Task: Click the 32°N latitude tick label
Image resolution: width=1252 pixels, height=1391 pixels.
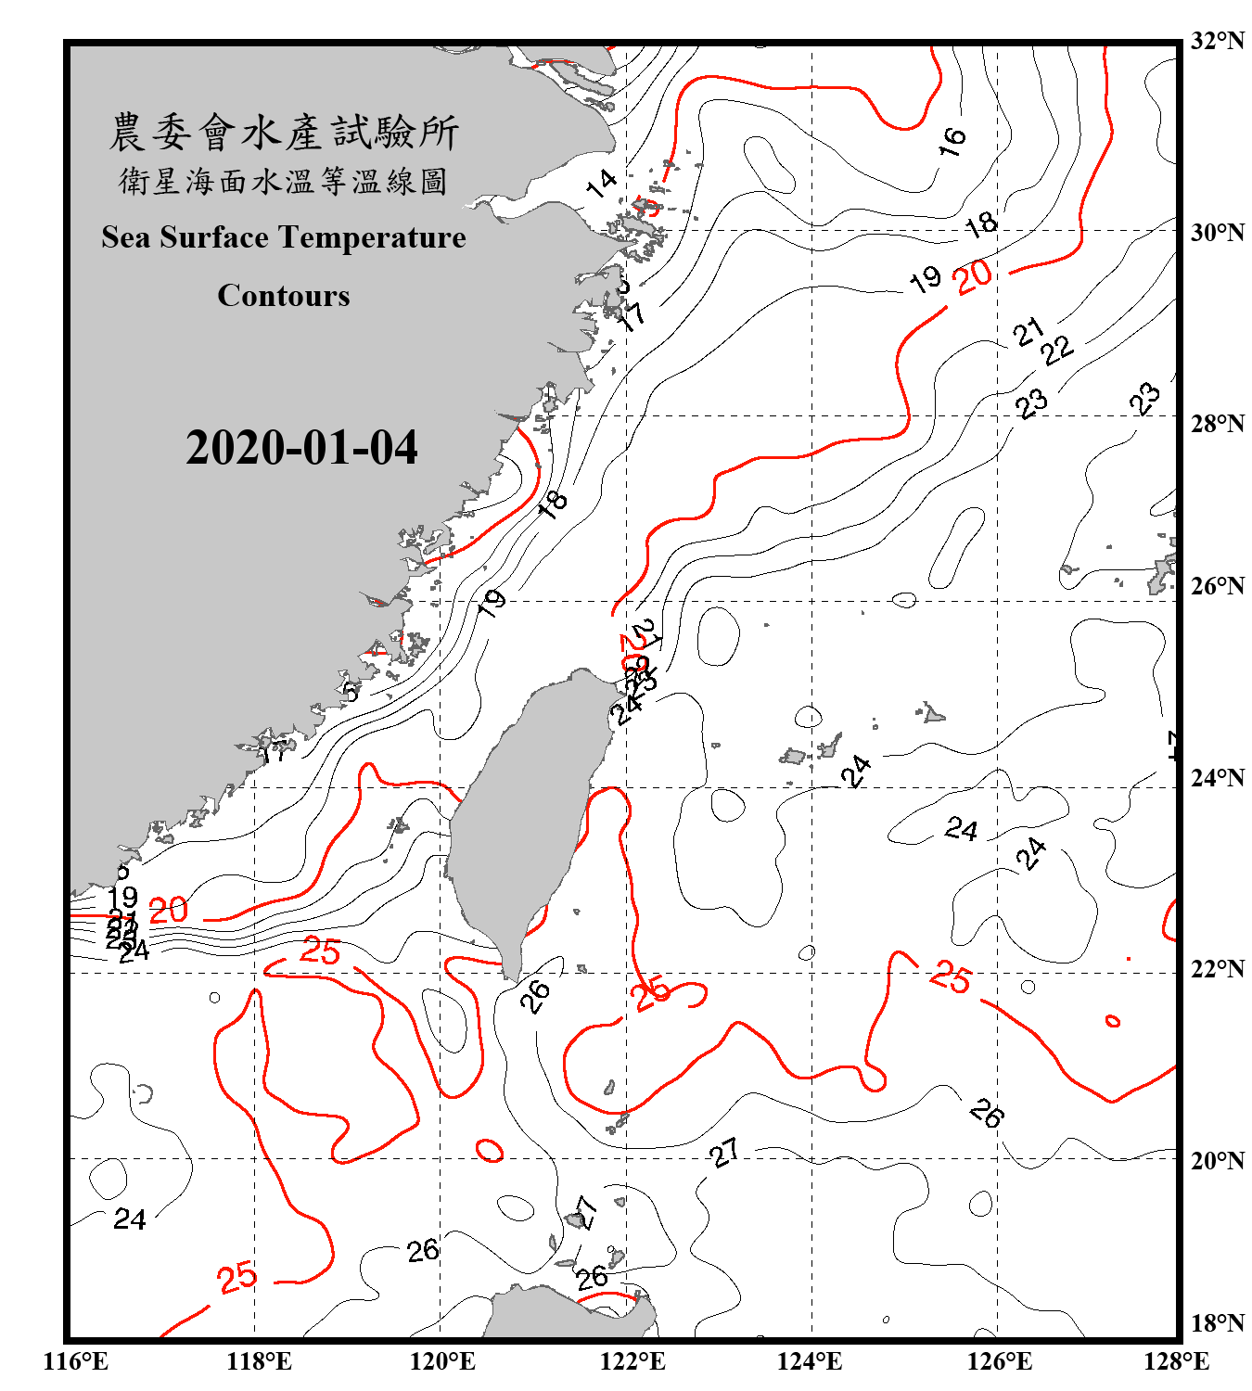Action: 1218,41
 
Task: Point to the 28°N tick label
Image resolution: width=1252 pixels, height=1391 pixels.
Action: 1218,424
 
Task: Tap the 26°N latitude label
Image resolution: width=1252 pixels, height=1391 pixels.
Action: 1218,586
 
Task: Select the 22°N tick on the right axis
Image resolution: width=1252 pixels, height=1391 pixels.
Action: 1218,969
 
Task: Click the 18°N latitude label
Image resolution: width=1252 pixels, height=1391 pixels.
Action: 1218,1323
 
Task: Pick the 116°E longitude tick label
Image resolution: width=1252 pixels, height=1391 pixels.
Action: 76,1361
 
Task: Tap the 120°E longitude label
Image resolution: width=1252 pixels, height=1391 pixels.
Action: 442,1361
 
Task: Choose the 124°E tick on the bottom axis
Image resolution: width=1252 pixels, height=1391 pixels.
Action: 810,1361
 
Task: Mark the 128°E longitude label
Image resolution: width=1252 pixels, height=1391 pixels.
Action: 1176,1361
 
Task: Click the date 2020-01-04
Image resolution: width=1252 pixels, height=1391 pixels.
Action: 301,448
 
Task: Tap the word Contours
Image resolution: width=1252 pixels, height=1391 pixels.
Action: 284,295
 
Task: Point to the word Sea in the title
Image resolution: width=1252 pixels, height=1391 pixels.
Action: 127,237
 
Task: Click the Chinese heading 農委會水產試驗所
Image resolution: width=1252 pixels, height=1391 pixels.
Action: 284,133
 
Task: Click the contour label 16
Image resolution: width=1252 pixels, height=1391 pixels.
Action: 952,141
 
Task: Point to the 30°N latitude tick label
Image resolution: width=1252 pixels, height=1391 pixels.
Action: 1218,233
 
